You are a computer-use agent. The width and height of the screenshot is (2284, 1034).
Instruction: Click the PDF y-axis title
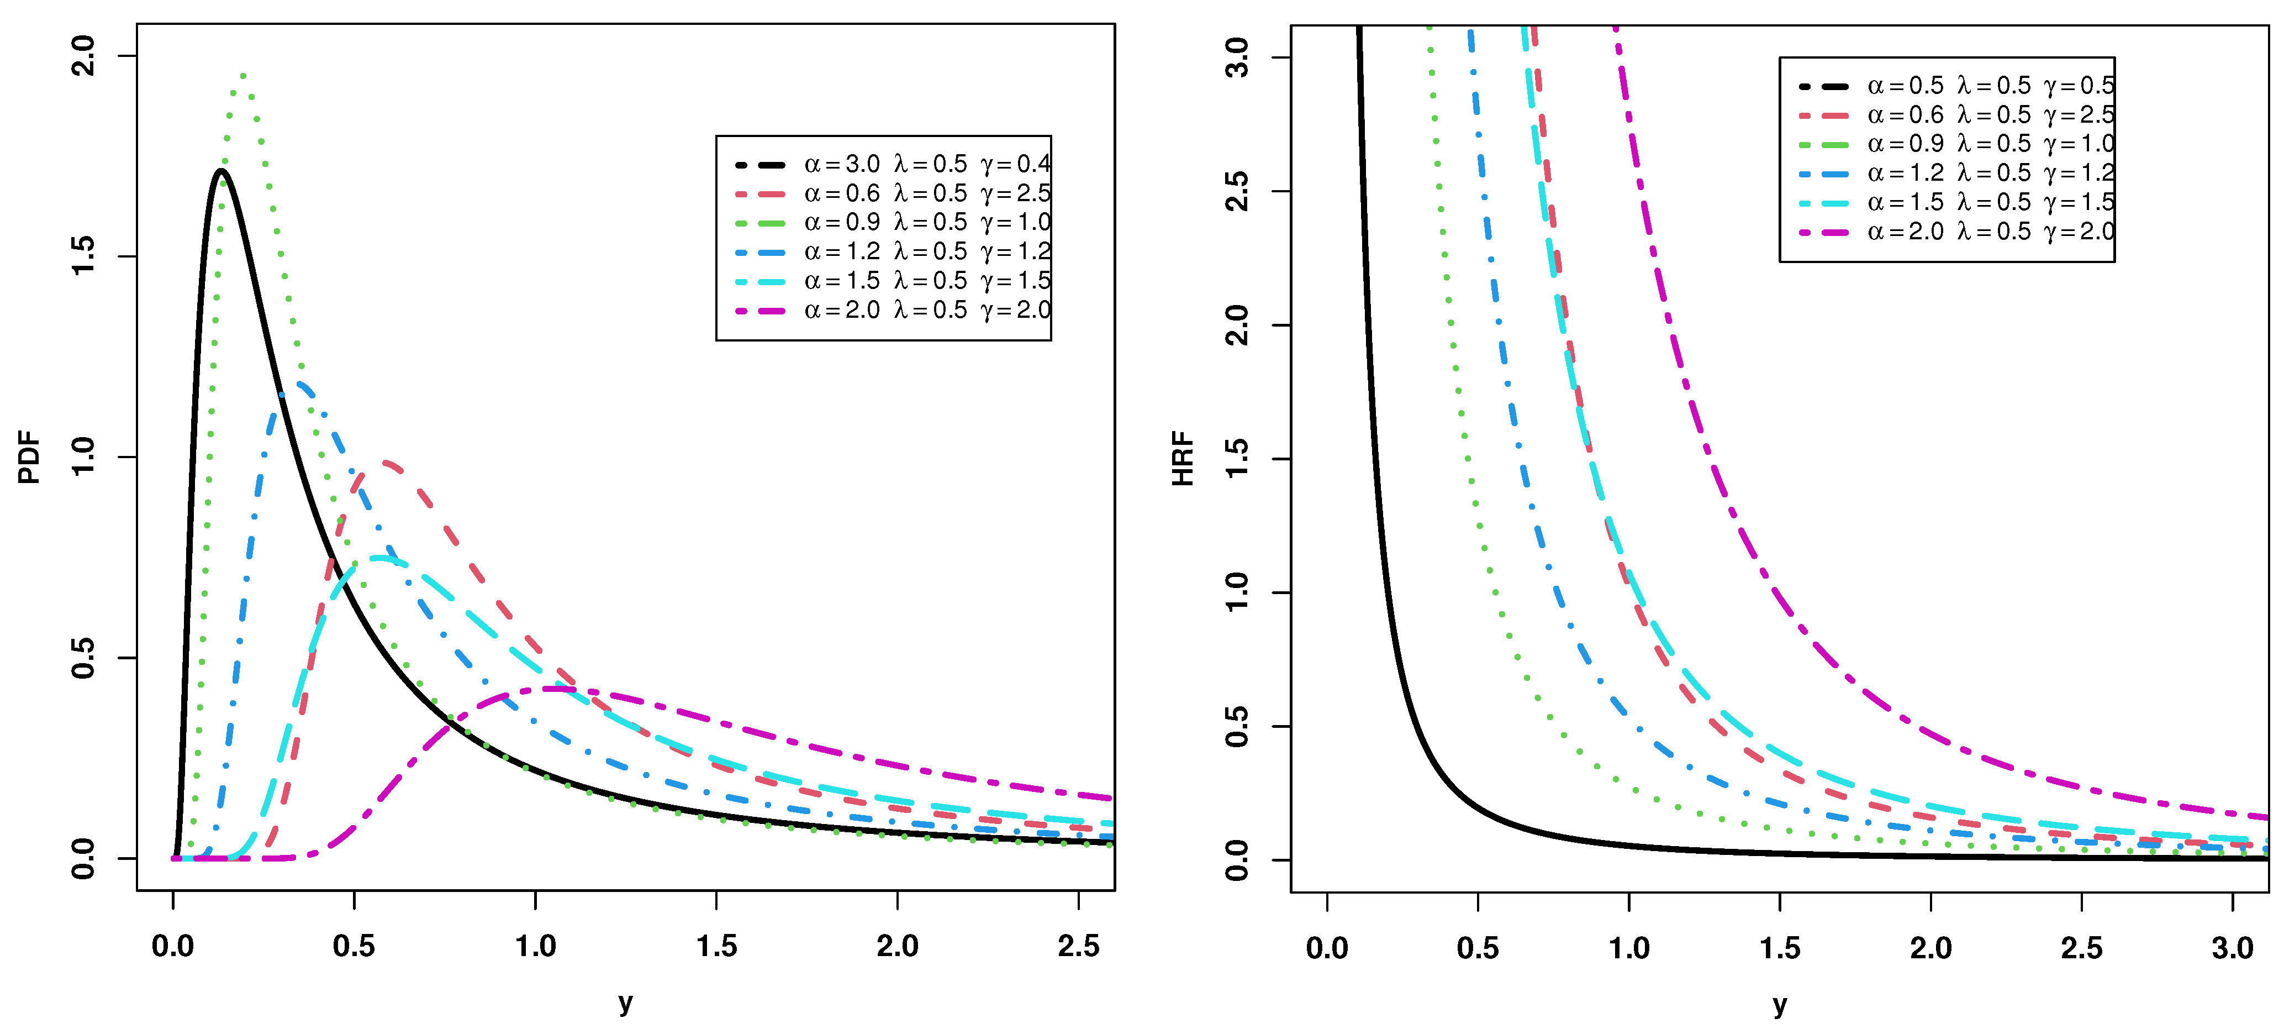tap(29, 458)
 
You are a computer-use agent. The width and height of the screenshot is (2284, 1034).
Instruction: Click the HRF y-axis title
tap(1183, 459)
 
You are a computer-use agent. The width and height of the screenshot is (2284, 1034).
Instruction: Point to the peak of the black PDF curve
tap(221, 170)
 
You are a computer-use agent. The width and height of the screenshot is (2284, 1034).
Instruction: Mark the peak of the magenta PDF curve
tap(554, 688)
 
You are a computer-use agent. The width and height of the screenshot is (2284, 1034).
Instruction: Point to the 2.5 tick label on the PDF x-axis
tap(1078, 946)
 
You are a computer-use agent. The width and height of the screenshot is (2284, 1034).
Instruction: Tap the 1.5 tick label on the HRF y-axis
tap(1236, 459)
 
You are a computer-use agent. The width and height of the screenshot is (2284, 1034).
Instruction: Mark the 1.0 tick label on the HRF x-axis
tap(1629, 948)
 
